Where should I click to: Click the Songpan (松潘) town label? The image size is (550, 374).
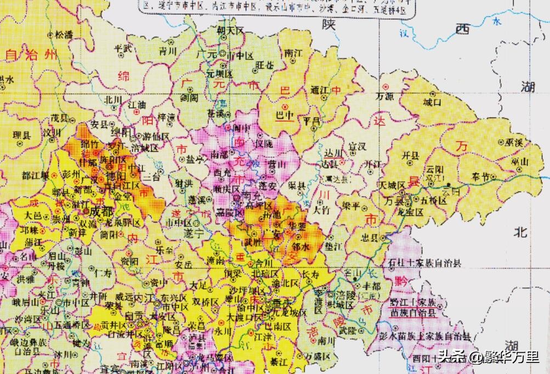coord(64,35)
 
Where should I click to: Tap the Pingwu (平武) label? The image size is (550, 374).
coord(123,49)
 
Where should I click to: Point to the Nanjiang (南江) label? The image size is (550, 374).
coord(294,53)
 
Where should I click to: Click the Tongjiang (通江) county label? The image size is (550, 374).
coord(319,89)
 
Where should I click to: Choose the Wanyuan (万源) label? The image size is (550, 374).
coord(384,95)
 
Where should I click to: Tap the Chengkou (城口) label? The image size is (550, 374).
coord(432,102)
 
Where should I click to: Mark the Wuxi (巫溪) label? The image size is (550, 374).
coord(514,141)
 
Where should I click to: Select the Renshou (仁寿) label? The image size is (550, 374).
coord(103,271)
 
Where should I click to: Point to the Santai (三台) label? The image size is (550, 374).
coord(150,178)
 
